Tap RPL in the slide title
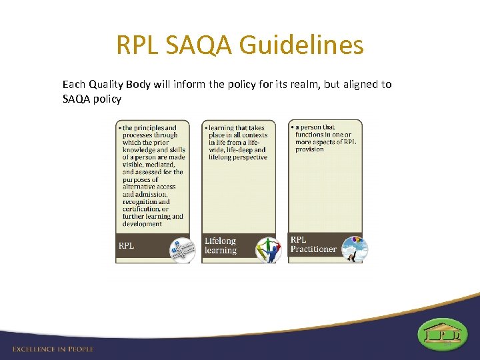[x=139, y=46]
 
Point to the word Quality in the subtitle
[x=109, y=85]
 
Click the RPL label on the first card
[x=127, y=245]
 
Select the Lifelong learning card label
[x=221, y=245]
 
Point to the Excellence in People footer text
[x=53, y=349]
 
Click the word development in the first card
[x=142, y=224]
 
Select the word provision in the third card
[x=309, y=149]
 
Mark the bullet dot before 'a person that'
[x=292, y=127]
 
